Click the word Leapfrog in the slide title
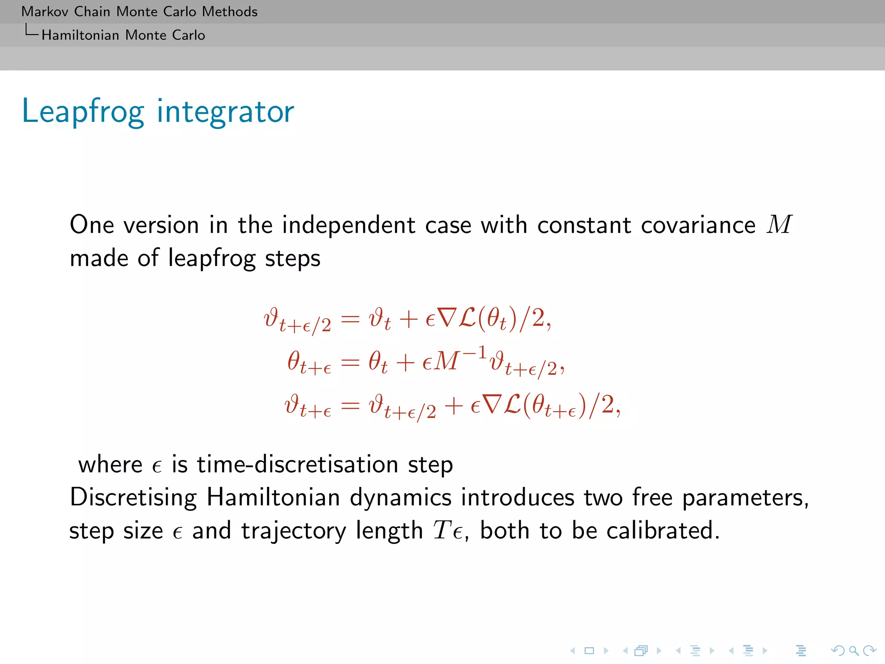point(82,112)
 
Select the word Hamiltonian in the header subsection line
point(80,35)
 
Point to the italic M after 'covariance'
point(779,225)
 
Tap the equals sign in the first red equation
point(350,319)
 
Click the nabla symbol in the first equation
point(446,318)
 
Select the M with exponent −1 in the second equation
point(447,361)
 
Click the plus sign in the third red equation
point(454,406)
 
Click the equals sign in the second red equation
point(350,362)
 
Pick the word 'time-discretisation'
point(297,465)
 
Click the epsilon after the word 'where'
point(157,466)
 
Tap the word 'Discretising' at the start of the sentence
point(133,498)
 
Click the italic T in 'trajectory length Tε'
point(442,530)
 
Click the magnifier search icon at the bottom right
point(853,651)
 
